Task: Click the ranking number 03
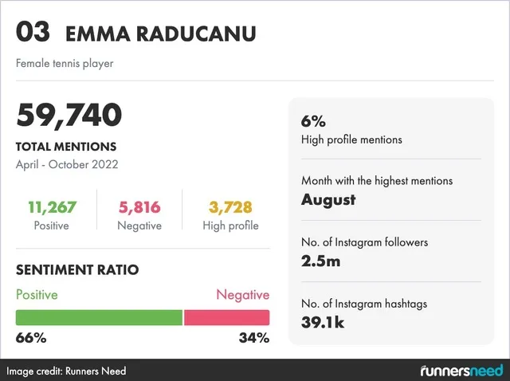click(33, 33)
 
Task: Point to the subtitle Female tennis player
click(65, 63)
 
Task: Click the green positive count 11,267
click(52, 207)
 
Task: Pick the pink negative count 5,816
click(139, 207)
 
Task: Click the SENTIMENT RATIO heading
click(77, 270)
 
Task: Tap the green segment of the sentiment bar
click(99, 317)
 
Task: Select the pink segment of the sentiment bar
click(227, 317)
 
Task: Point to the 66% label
click(31, 338)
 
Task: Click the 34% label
click(254, 338)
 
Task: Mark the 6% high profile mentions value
click(313, 122)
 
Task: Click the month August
click(328, 199)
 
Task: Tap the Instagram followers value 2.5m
click(321, 260)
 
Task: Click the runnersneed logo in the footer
click(461, 371)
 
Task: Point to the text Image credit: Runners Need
click(67, 371)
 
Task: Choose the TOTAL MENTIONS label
click(66, 147)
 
